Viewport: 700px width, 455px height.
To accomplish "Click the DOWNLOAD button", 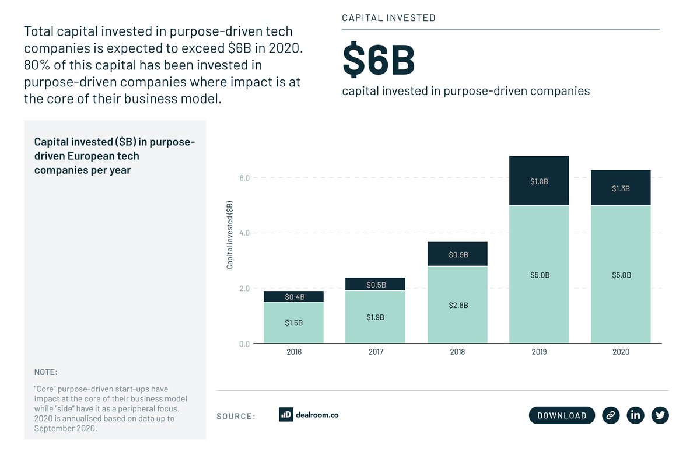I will click(562, 415).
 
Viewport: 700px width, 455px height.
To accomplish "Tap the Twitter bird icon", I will click(660, 415).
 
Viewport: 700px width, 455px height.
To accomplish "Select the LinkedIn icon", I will click(635, 415).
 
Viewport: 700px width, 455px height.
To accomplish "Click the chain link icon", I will click(611, 415).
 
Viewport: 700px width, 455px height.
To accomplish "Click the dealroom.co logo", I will click(309, 415).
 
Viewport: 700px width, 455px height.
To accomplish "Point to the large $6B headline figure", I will click(379, 60).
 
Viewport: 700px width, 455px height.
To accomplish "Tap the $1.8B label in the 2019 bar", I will click(539, 181).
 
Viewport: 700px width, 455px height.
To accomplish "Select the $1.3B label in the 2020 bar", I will click(621, 188).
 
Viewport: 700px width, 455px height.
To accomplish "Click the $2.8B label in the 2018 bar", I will click(457, 305).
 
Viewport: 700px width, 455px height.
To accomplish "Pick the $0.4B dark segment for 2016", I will click(293, 297).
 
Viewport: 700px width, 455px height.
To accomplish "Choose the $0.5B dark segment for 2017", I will click(375, 285).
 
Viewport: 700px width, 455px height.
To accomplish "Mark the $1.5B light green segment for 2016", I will click(293, 323).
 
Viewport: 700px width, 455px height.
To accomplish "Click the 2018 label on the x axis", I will click(457, 352).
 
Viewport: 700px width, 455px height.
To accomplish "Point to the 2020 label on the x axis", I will click(621, 352).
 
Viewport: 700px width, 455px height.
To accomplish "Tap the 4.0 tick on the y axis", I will click(244, 233).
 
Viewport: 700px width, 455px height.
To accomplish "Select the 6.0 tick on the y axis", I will click(244, 178).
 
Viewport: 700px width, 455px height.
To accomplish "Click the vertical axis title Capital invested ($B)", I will click(230, 235).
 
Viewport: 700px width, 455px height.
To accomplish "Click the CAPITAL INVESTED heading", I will click(388, 18).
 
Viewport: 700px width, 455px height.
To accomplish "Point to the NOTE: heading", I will click(45, 372).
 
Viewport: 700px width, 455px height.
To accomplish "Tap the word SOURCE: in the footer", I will click(236, 416).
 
